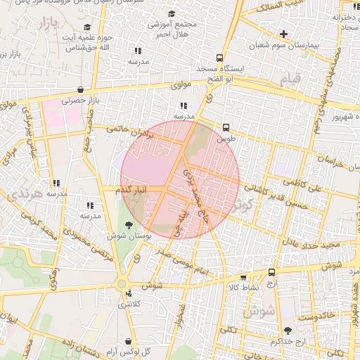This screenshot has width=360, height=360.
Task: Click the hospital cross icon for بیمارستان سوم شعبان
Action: click(283, 33)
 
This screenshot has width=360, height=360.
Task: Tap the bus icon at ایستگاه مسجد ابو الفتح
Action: click(220, 58)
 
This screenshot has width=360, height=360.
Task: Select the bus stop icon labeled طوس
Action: click(226, 128)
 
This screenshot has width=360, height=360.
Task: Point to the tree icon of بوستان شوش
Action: click(127, 225)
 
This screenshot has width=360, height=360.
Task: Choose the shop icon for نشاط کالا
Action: click(244, 277)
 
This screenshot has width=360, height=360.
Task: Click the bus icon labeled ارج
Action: click(273, 271)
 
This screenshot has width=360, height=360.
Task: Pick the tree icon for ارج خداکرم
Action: click(287, 330)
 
